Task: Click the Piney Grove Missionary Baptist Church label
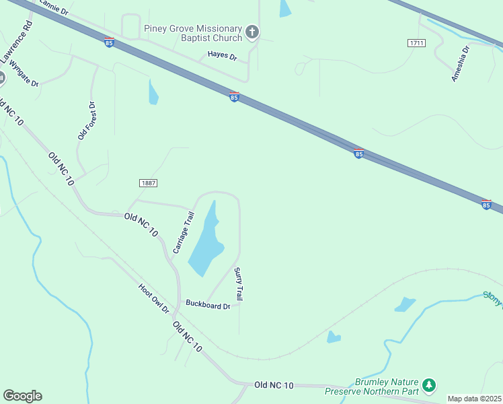pos(192,34)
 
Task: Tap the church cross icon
pos(251,32)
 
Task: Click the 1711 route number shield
pos(417,43)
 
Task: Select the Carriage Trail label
pos(183,232)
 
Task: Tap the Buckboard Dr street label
pos(208,306)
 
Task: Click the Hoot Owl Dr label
pos(154,298)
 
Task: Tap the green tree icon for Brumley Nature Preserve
pos(429,386)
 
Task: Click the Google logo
pos(22,396)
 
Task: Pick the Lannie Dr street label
pos(54,8)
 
